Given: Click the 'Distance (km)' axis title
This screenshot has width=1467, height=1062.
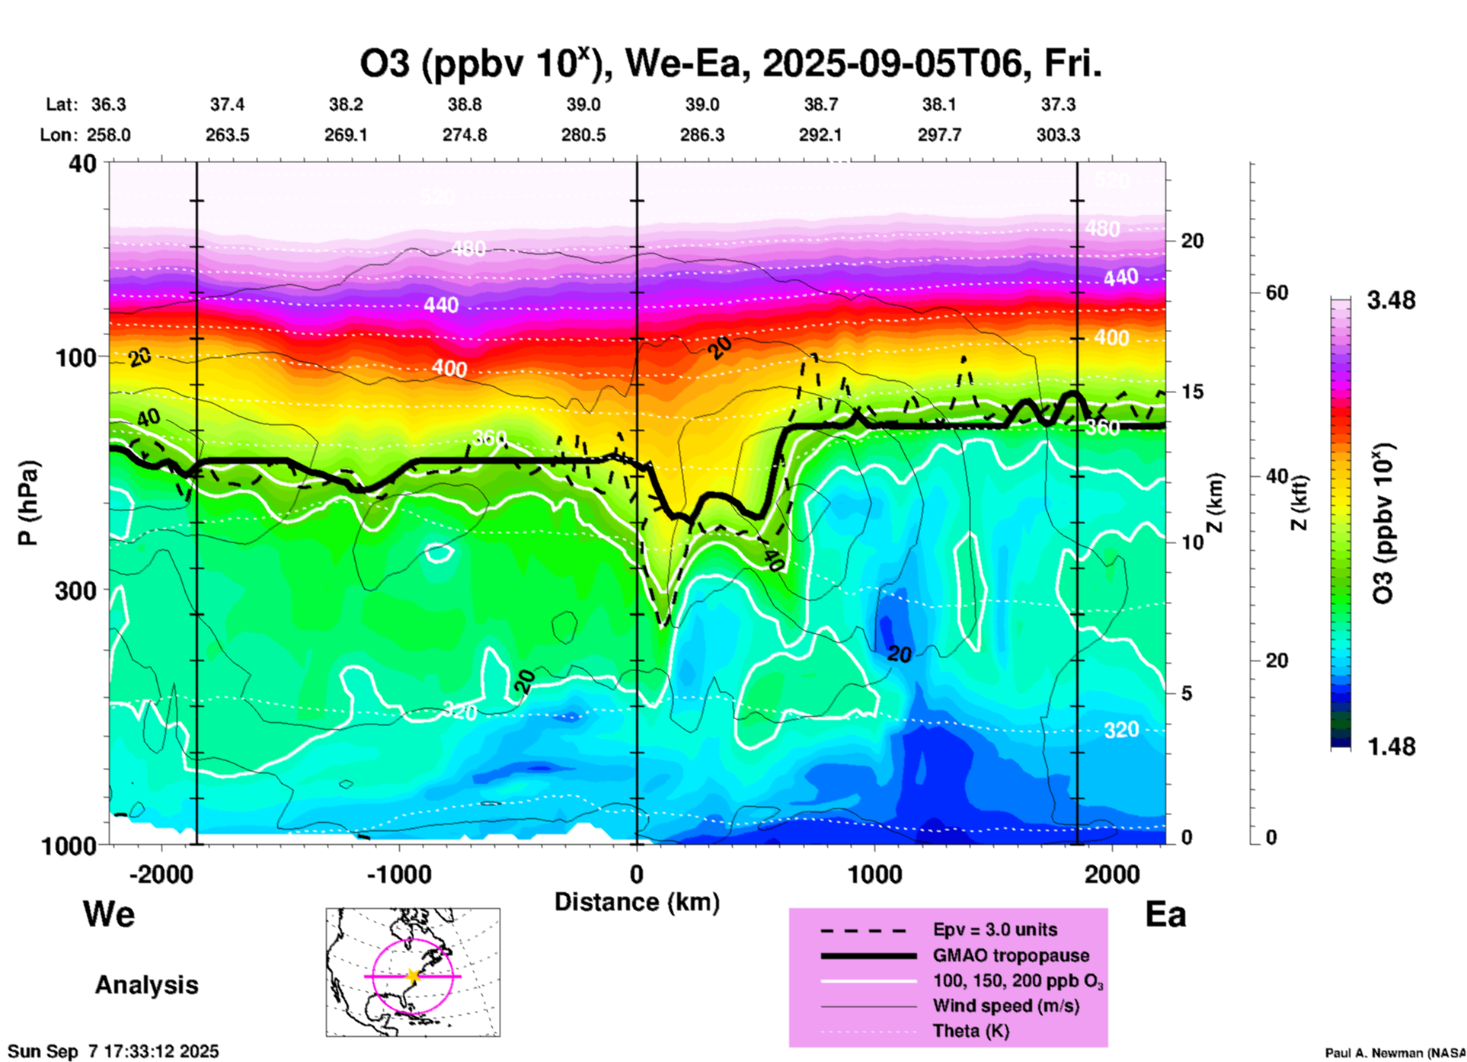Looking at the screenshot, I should (x=637, y=902).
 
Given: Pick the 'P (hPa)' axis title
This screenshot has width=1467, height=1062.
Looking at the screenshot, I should (x=28, y=503).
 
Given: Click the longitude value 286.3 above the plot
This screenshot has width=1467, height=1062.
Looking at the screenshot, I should (x=702, y=136).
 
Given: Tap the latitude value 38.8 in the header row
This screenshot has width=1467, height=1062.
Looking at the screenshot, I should (x=465, y=105).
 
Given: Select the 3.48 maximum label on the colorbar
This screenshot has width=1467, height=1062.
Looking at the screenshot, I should (x=1391, y=301).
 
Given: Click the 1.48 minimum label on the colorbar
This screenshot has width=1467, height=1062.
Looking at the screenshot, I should (x=1391, y=747).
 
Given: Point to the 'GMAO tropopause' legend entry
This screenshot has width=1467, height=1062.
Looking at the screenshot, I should (x=1011, y=955).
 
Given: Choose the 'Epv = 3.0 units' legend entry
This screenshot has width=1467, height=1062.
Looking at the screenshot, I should (x=995, y=930).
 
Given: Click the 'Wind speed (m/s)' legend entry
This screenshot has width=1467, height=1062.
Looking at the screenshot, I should (x=1005, y=1006).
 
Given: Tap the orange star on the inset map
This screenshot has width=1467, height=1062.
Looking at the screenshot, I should (x=413, y=976).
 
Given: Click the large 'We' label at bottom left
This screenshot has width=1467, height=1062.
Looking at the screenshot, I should (x=109, y=913).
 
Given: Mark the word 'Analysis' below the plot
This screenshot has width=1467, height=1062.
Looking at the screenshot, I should (x=146, y=985).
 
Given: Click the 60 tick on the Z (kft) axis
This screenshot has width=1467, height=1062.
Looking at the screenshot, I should (x=1277, y=293).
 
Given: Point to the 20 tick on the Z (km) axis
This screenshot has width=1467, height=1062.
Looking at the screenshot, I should (x=1192, y=241).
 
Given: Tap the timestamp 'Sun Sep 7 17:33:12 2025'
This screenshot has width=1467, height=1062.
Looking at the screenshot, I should (x=113, y=1051).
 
